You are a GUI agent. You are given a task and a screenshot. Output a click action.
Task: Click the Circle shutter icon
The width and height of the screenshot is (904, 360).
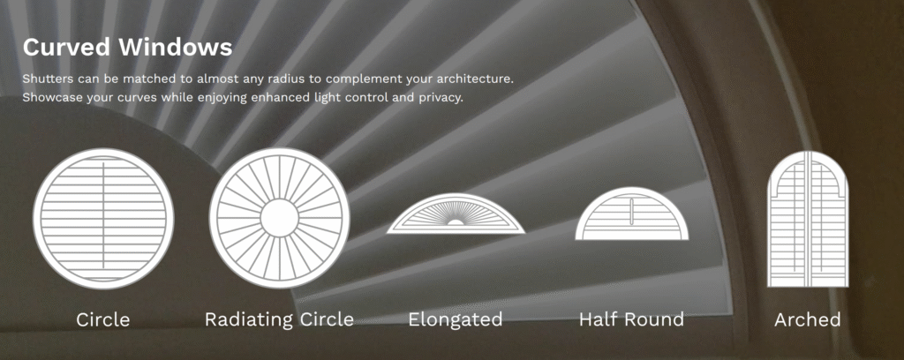click(103, 219)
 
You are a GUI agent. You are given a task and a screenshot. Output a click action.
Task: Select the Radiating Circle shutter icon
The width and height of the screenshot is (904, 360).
click(279, 218)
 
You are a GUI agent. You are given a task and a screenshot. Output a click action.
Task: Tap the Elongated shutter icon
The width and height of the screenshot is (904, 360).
click(456, 214)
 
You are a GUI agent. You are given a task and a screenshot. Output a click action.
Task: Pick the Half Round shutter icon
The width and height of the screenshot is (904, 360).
click(632, 214)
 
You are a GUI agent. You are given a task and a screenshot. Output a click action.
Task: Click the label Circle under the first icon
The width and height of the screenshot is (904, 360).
click(103, 319)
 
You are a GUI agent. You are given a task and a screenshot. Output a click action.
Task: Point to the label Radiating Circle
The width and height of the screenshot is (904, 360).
click(279, 319)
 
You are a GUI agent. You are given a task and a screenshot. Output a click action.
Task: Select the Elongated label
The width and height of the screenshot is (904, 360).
click(456, 319)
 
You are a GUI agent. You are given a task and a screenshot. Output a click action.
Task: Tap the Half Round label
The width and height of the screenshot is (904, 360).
click(632, 319)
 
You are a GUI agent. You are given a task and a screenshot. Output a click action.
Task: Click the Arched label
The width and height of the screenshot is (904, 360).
click(808, 319)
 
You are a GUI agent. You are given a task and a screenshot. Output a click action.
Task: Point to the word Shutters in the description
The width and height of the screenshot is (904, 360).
click(48, 78)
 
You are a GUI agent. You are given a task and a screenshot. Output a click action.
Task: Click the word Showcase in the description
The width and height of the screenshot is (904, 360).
click(52, 97)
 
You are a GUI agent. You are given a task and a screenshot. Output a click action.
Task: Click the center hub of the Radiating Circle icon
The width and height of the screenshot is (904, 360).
click(279, 218)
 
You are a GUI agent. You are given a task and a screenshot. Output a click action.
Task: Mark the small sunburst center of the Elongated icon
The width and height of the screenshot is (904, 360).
click(456, 221)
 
